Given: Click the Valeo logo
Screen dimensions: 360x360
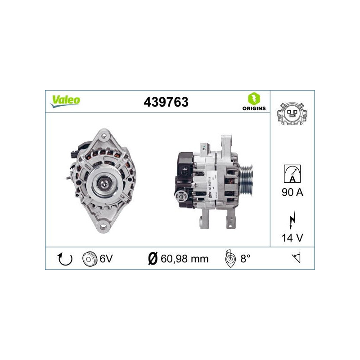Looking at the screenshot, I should [x=65, y=101].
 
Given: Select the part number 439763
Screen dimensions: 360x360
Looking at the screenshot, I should [x=166, y=102].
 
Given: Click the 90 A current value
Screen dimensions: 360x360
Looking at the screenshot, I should [x=292, y=193].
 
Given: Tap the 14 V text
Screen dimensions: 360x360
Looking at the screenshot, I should [x=292, y=238].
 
